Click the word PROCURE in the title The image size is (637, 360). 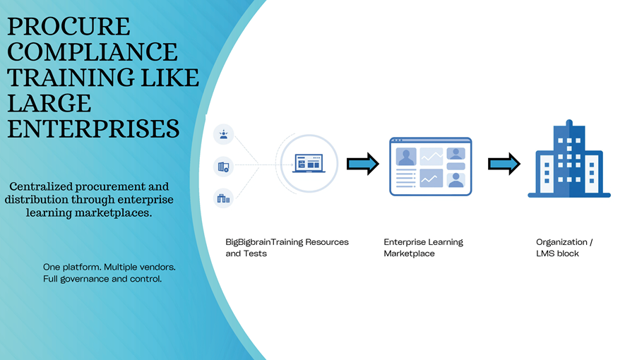[69, 27]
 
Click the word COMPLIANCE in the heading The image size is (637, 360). [92, 52]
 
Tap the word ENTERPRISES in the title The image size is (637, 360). [93, 128]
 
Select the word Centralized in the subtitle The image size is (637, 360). [40, 187]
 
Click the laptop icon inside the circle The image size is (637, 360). [307, 164]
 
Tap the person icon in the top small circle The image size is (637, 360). [224, 134]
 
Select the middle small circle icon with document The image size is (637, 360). [224, 167]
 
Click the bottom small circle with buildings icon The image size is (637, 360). [224, 198]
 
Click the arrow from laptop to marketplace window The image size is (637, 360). [362, 164]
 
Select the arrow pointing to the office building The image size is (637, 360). [504, 164]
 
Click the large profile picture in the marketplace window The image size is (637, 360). [406, 156]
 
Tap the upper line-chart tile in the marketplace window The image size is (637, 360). [431, 156]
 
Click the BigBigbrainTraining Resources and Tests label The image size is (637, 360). [287, 247]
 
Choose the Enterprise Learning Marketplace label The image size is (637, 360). [423, 247]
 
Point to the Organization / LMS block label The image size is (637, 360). [564, 247]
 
